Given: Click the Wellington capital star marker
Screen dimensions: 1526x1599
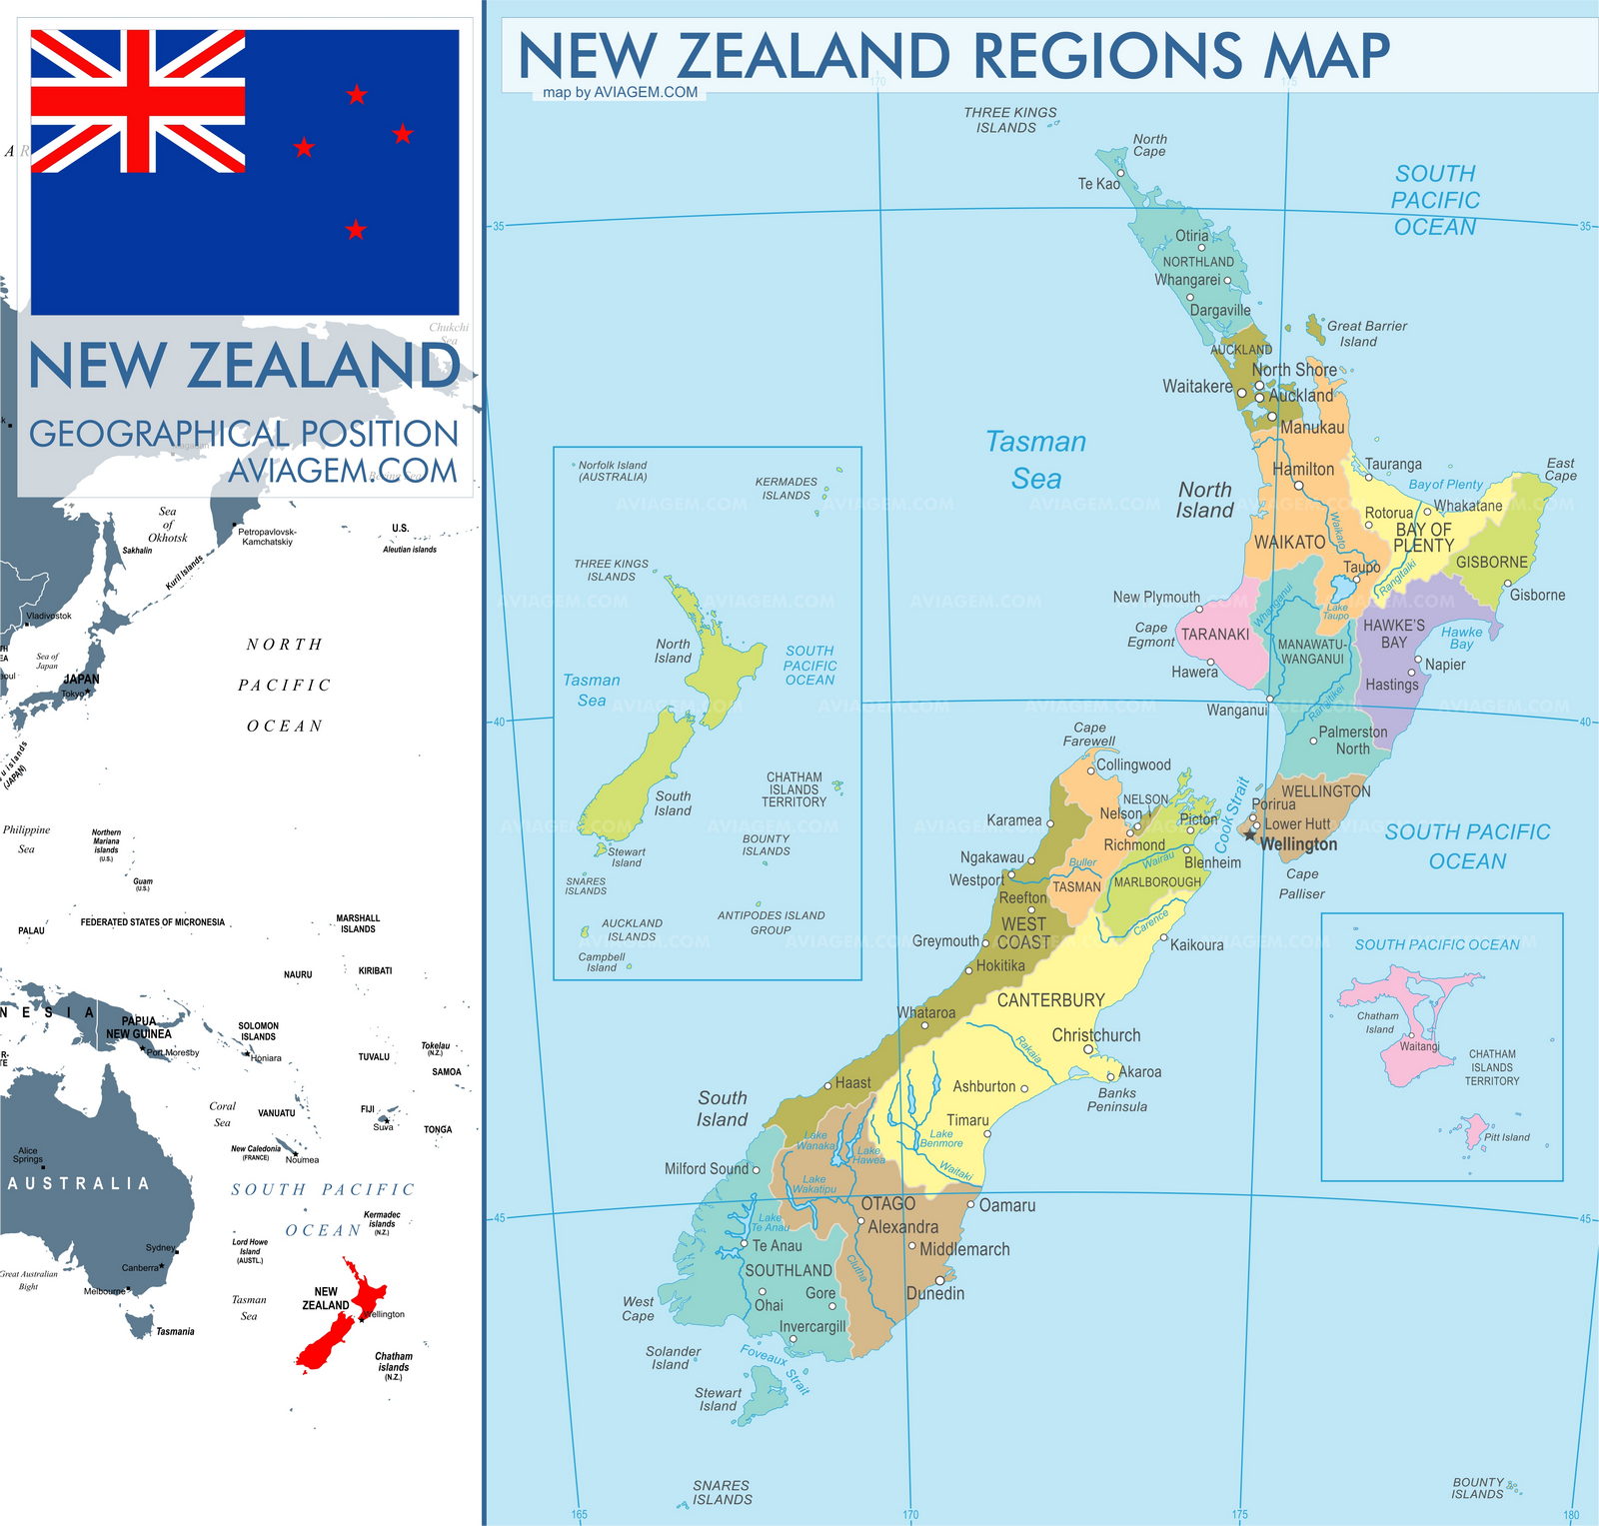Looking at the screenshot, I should click(x=1250, y=834).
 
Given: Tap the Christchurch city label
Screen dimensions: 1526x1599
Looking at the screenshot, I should click(x=1095, y=1035).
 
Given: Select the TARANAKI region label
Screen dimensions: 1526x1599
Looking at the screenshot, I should click(x=1215, y=634).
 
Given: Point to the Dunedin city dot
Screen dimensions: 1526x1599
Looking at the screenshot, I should click(x=939, y=1280).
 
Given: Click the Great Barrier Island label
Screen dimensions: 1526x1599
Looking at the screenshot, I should click(x=1365, y=334).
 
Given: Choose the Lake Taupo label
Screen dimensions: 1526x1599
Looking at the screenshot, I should click(x=1336, y=612).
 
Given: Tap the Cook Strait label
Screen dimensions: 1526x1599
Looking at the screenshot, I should click(x=1231, y=814).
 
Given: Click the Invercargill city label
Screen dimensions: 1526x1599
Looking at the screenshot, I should click(x=812, y=1326).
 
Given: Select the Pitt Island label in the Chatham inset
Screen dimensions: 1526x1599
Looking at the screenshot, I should click(x=1506, y=1137).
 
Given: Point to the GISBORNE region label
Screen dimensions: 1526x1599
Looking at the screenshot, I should click(x=1491, y=562).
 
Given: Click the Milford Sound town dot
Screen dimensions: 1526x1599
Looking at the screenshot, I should click(x=756, y=1169).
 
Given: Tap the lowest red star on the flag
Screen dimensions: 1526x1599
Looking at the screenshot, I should click(x=356, y=230).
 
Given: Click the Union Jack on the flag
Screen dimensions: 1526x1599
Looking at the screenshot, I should click(x=138, y=101).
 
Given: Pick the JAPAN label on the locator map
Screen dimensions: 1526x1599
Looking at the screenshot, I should click(x=82, y=679).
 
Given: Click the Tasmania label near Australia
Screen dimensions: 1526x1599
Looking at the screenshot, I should click(x=175, y=1331).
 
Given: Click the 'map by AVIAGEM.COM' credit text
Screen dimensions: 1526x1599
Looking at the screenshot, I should click(x=620, y=92).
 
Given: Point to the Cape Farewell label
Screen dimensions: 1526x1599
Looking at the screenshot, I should click(x=1088, y=735).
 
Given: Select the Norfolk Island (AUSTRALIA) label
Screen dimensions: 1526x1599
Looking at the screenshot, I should click(x=612, y=471).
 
